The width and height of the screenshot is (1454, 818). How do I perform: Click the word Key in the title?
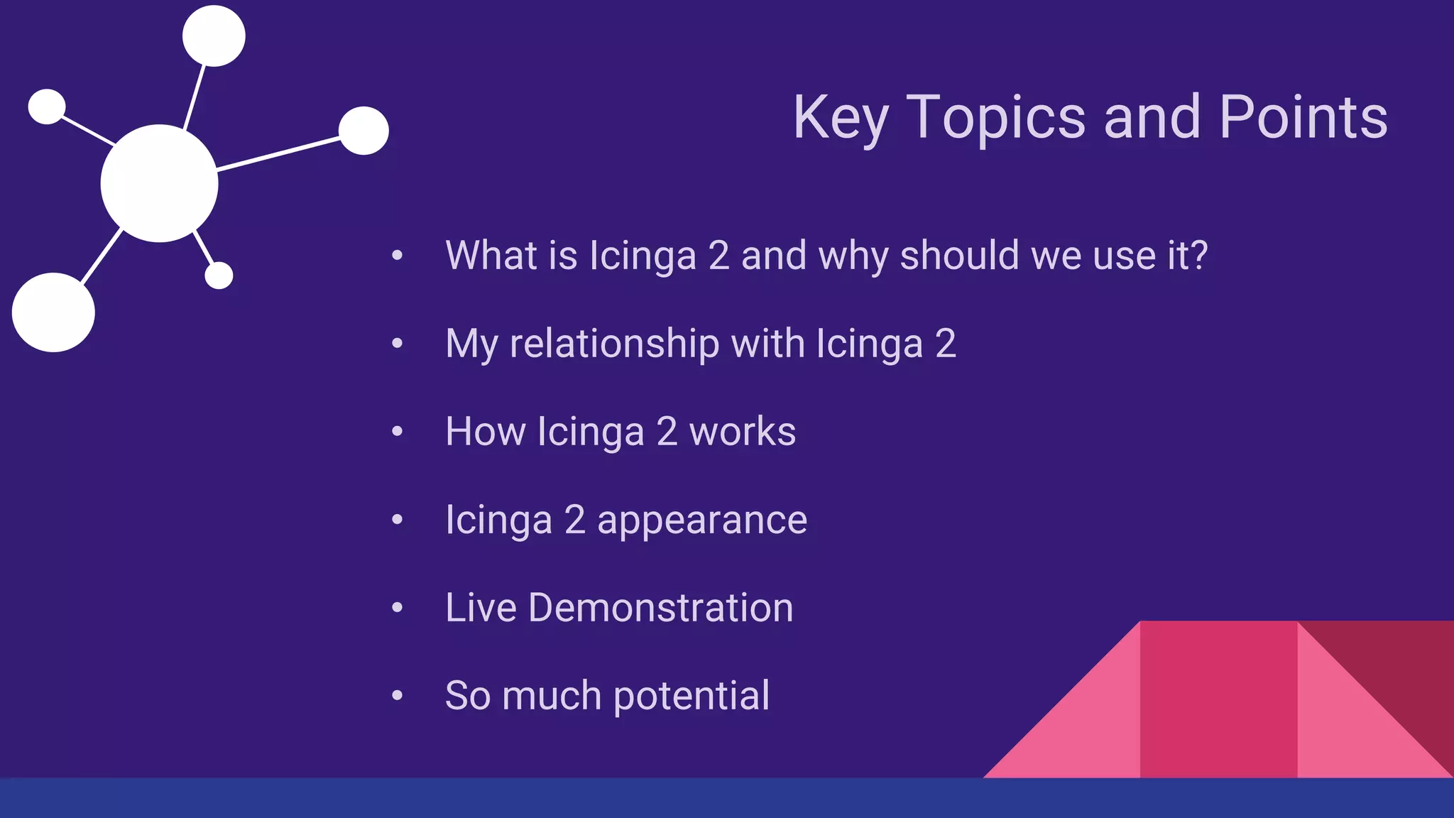[x=840, y=118]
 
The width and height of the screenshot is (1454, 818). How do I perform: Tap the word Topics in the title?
[x=997, y=118]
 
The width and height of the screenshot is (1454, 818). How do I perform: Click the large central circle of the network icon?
[x=159, y=183]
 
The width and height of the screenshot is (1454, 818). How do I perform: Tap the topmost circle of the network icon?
[x=214, y=36]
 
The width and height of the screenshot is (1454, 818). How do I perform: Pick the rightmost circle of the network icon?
[x=363, y=131]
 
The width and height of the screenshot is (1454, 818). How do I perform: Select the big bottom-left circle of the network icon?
[x=53, y=312]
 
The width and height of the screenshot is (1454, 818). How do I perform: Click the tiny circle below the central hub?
[x=219, y=276]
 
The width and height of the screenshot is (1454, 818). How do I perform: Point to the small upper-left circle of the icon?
[x=47, y=107]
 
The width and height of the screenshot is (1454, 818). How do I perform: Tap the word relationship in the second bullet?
[x=614, y=344]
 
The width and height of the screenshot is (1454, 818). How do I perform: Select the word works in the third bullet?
[x=743, y=432]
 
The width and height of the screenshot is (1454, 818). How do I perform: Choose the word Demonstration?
[x=660, y=608]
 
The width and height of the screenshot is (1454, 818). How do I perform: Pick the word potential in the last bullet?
[x=692, y=696]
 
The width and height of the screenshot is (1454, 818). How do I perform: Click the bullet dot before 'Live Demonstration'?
[x=398, y=608]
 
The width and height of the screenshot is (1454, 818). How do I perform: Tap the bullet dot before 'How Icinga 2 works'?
[x=398, y=432]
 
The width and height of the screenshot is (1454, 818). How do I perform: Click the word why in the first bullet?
[x=853, y=256]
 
